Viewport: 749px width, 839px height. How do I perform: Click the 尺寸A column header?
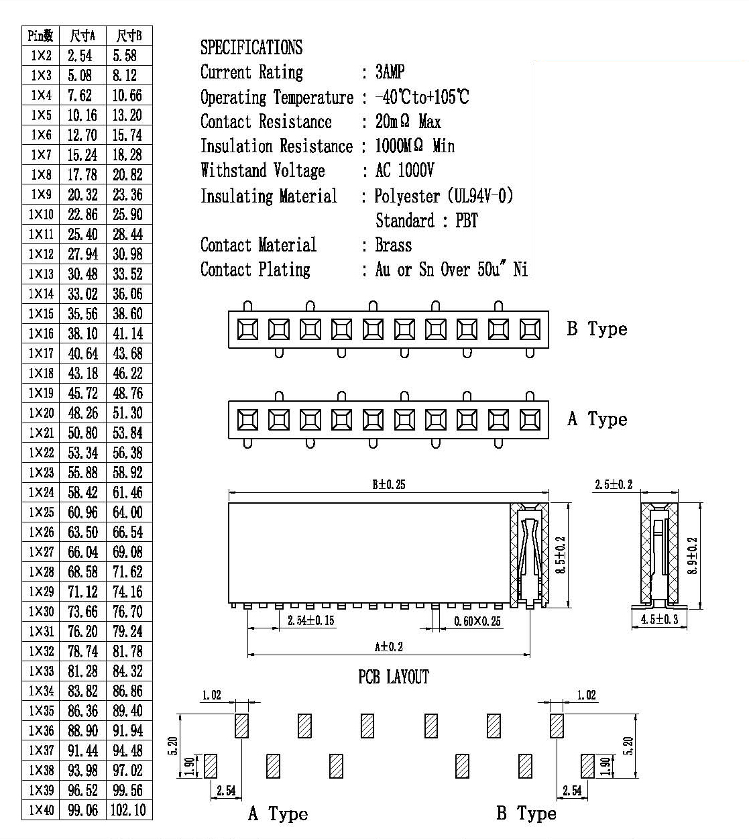pos(82,36)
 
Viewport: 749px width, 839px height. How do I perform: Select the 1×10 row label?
pos(41,214)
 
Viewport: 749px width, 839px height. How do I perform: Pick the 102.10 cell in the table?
pos(128,809)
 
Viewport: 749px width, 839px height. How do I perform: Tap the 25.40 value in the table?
pos(82,234)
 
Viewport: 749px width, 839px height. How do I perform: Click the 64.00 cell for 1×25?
pos(127,512)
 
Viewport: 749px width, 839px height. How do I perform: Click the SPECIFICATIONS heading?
pos(251,47)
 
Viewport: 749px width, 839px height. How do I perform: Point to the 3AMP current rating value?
pos(390,72)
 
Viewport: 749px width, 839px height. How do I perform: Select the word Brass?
pos(394,245)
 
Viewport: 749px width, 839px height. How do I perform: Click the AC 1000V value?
pos(404,170)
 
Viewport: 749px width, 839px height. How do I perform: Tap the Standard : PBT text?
pos(426,220)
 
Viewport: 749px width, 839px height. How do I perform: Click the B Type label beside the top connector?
pos(597,329)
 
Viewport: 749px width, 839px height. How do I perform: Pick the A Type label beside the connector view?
pos(597,419)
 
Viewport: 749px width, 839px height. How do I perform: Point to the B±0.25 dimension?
pos(389,484)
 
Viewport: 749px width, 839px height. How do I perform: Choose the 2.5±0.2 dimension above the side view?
pos(614,484)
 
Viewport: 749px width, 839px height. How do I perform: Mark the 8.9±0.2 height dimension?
pos(692,555)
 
